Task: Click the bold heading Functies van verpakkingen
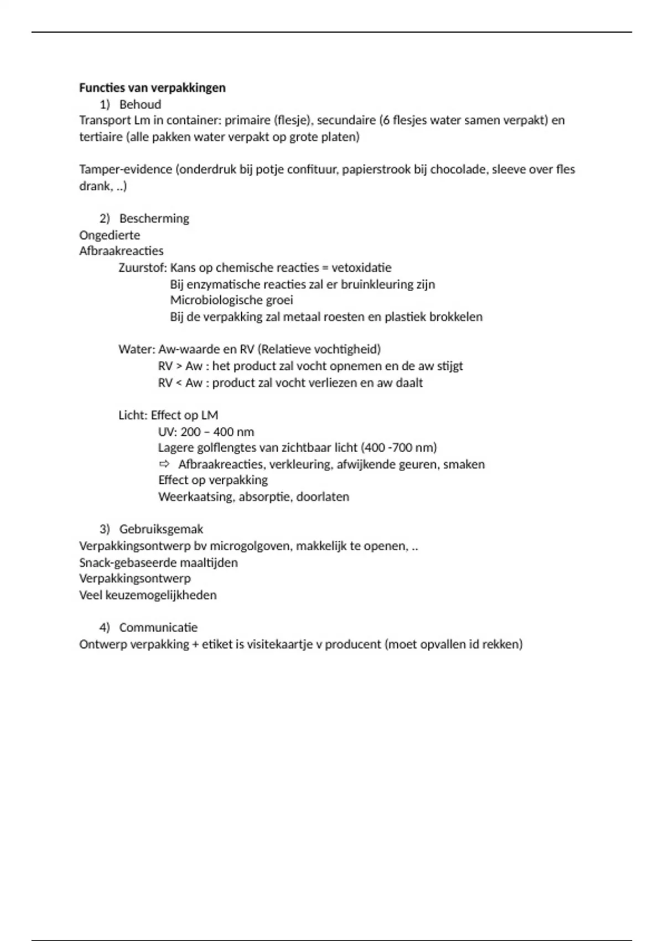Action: point(152,87)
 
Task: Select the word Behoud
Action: point(140,104)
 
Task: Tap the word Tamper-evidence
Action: point(126,169)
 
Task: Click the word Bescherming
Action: point(154,218)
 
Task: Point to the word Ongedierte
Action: point(110,235)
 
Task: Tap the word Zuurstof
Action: point(142,268)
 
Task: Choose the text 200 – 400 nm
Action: point(217,432)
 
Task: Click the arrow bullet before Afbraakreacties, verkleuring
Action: point(164,464)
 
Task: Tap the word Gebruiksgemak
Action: point(161,529)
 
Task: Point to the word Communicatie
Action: point(158,627)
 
